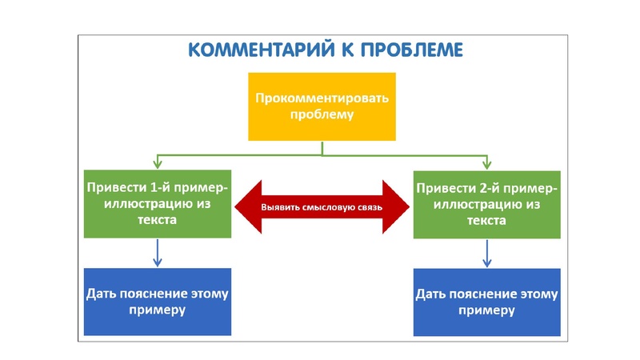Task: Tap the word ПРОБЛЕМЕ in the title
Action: pyautogui.click(x=405, y=50)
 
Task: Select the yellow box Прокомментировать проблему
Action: pyautogui.click(x=321, y=106)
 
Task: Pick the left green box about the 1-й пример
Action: pyautogui.click(x=158, y=203)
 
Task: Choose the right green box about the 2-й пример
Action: pyautogui.click(x=486, y=205)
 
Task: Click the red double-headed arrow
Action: pyautogui.click(x=321, y=206)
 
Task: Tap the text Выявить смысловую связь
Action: pyautogui.click(x=321, y=207)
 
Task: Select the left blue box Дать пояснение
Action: pyautogui.click(x=157, y=301)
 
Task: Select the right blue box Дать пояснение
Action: pyautogui.click(x=486, y=302)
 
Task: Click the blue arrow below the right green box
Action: pyautogui.click(x=486, y=254)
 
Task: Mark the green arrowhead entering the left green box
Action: pyautogui.click(x=157, y=164)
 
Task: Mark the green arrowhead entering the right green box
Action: pyautogui.click(x=486, y=165)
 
